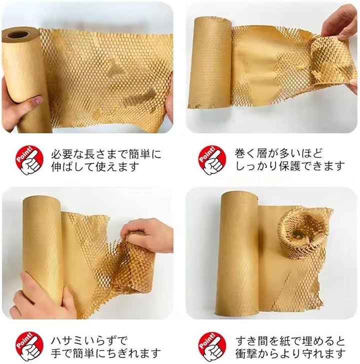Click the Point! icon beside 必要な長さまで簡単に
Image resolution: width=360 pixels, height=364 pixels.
coord(29,160)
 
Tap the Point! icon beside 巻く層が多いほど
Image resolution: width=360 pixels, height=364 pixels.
coord(212,160)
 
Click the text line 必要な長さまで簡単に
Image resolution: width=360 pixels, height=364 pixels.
coord(106,155)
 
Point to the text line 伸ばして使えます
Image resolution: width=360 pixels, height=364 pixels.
coord(95,167)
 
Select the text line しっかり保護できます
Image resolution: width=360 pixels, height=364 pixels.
coord(290,166)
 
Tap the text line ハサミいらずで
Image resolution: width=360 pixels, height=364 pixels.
coord(89,341)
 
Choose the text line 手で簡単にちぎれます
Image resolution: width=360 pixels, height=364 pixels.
coord(105,353)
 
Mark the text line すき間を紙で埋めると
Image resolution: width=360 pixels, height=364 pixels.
coord(290,341)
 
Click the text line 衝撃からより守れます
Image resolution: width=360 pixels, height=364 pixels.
coord(290,354)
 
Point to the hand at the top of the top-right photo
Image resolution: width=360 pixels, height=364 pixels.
coord(340,22)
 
